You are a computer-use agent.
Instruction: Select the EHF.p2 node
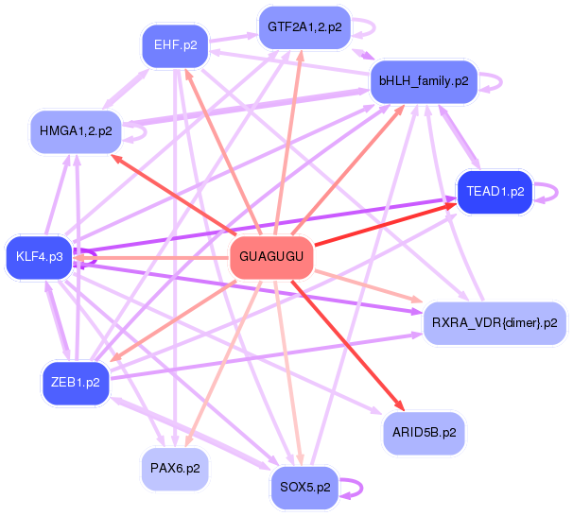click(176, 44)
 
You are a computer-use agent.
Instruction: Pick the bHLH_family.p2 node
click(424, 81)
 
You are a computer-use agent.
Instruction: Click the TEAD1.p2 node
click(495, 192)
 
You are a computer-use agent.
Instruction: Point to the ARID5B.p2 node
click(425, 432)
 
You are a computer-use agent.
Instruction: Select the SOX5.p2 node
click(304, 488)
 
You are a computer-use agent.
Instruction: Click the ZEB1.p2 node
click(76, 382)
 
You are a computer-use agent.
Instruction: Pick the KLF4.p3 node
click(40, 256)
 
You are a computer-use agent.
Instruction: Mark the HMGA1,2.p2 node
click(76, 130)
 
